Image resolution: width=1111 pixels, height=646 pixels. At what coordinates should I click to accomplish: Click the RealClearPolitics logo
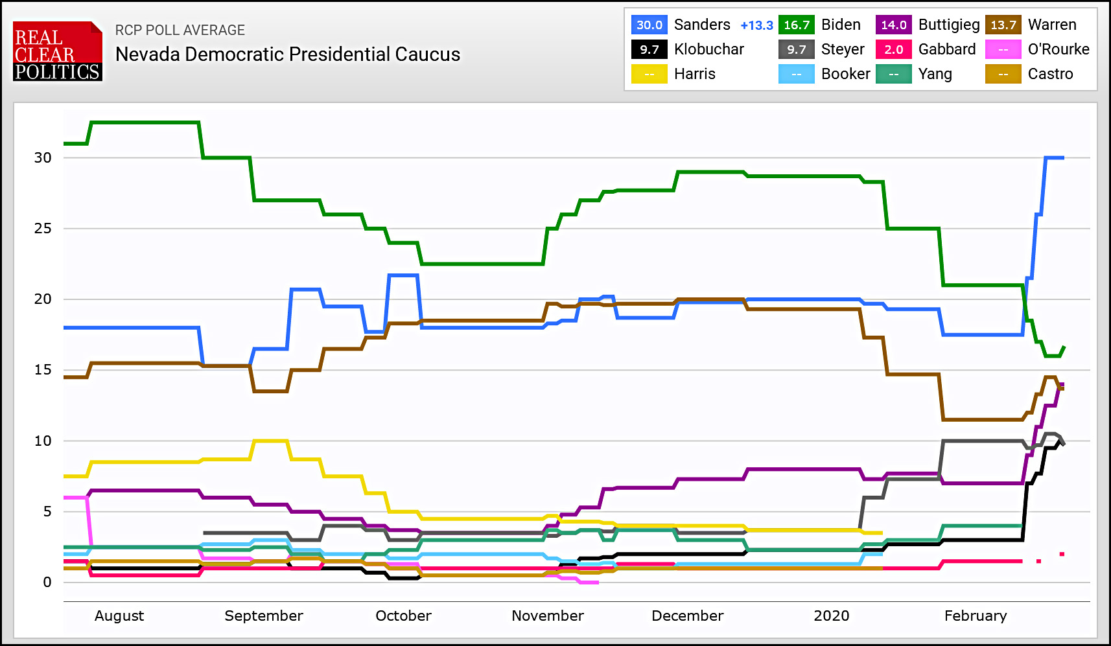pos(57,52)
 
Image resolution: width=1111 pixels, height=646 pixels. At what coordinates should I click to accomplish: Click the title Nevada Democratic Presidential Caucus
pos(287,54)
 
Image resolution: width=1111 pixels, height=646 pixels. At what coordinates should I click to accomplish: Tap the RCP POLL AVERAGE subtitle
pos(180,30)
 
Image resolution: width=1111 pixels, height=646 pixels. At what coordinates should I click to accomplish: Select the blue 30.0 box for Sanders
pos(649,25)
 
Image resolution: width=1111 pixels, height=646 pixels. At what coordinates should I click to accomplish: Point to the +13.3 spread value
pos(756,25)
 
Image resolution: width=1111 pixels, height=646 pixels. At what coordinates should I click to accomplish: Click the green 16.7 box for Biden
pos(796,25)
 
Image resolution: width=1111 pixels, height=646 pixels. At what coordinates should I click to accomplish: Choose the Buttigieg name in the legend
pos(948,25)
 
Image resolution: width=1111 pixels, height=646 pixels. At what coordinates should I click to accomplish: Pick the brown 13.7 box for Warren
pos(1003,25)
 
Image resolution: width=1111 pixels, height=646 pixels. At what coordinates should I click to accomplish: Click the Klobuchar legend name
pos(708,49)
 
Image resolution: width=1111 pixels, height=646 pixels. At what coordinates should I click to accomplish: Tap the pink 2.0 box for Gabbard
pos(893,49)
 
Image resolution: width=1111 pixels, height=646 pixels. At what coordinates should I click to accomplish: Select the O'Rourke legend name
pos(1058,49)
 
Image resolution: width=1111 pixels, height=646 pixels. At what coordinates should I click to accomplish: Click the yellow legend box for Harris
pos(649,74)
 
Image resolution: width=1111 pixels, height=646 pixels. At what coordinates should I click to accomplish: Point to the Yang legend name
pos(935,74)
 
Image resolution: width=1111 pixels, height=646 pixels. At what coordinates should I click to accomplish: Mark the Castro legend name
pos(1050,74)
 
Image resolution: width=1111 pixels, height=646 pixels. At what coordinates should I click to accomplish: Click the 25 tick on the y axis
pos(43,228)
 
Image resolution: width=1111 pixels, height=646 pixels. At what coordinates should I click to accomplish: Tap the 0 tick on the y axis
pos(47,582)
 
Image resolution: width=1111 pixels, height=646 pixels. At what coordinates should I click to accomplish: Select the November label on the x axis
pos(547,616)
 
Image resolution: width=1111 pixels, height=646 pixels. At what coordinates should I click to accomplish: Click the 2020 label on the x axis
pos(831,616)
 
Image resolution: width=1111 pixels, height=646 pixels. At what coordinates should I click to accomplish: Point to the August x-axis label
pos(119,616)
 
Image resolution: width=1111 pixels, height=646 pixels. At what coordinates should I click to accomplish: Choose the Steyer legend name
pos(842,49)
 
